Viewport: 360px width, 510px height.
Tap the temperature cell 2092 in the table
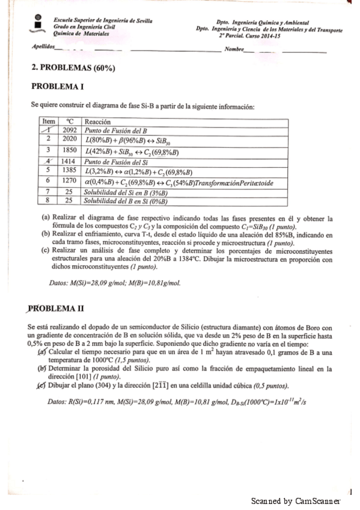(x=71, y=129)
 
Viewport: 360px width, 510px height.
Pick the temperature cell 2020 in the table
(x=71, y=139)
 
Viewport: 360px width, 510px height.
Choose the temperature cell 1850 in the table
(x=71, y=150)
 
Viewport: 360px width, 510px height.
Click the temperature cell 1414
(x=71, y=161)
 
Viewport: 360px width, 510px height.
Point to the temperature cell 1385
(x=71, y=170)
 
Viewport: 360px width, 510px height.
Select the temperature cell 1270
(x=71, y=180)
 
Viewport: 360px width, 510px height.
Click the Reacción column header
(x=98, y=121)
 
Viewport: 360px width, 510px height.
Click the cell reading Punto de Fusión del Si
(x=117, y=161)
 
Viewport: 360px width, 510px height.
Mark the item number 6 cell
(x=47, y=180)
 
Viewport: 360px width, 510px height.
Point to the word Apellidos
(x=43, y=46)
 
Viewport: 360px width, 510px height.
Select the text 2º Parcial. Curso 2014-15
(x=269, y=34)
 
